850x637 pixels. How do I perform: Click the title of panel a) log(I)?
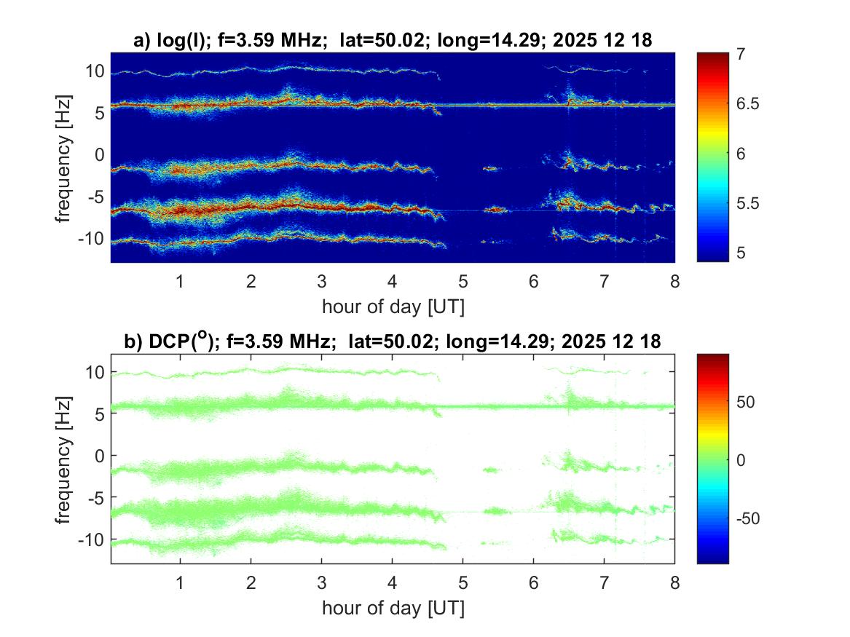tap(393, 41)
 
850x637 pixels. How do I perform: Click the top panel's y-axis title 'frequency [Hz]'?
tap(64, 157)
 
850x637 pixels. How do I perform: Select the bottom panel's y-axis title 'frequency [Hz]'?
tap(64, 458)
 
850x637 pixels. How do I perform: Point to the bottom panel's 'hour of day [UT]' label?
tap(393, 608)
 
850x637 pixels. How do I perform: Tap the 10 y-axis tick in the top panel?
tap(95, 71)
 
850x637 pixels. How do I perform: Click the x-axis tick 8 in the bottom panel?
tap(674, 582)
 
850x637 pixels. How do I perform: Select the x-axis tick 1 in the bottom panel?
tap(181, 582)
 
